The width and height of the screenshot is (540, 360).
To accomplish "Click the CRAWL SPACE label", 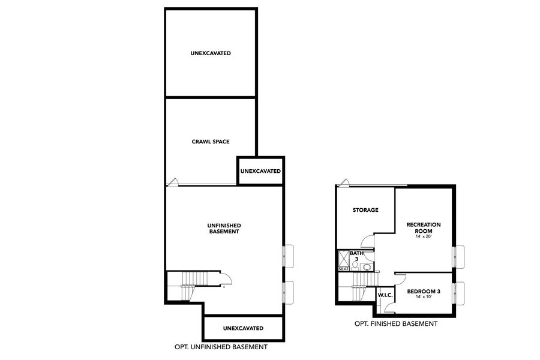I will [211, 142].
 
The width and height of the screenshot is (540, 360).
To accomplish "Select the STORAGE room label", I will [365, 210].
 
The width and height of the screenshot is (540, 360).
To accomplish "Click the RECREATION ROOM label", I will [424, 227].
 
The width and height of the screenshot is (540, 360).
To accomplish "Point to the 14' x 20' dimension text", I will [424, 236].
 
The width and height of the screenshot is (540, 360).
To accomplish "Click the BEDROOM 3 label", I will [424, 292].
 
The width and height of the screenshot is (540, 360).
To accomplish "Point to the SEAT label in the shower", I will [344, 269].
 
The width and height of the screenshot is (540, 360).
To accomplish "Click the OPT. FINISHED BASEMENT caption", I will [395, 324].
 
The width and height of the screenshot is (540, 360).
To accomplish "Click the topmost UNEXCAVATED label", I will [211, 53].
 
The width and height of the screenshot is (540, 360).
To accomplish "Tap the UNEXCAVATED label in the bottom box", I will [243, 328].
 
